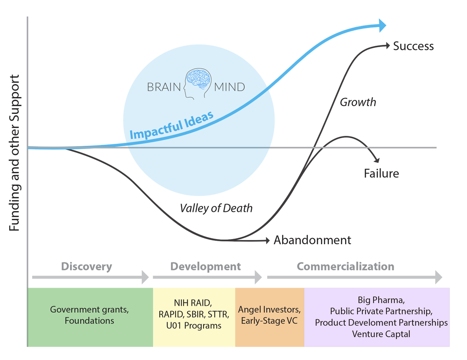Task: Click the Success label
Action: tap(413, 46)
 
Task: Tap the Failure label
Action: tap(382, 174)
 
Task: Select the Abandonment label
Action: tap(312, 240)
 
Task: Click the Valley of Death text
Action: tap(216, 208)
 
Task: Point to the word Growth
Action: tap(358, 102)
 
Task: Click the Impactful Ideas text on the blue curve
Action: tap(171, 126)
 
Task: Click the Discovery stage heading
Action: tap(86, 267)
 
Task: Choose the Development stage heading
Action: tap(205, 267)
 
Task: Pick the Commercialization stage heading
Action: tap(346, 267)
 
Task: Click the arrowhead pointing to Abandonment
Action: tap(267, 240)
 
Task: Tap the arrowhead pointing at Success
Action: tap(387, 45)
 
